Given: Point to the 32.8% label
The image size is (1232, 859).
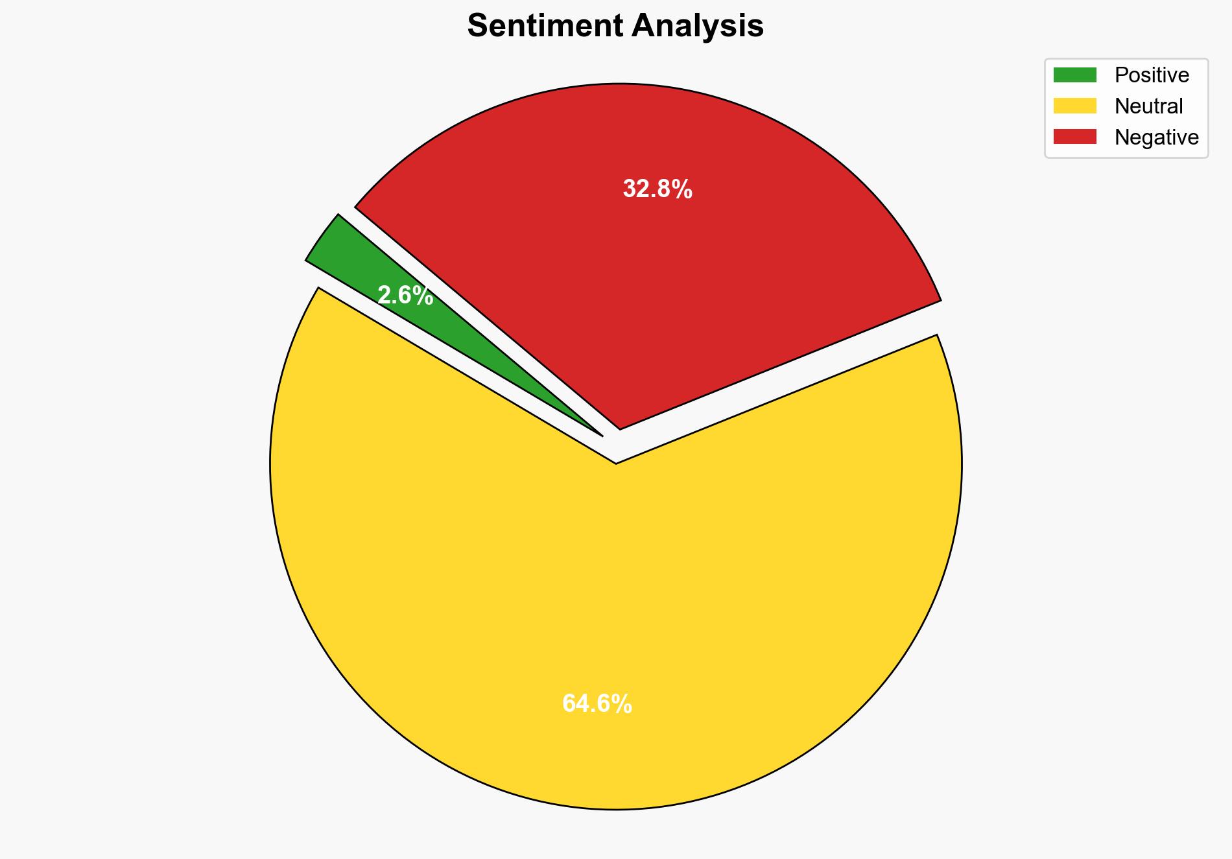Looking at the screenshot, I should (x=657, y=189).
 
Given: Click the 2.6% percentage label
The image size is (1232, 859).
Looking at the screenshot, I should (x=405, y=296).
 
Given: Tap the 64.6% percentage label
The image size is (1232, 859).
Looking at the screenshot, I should (x=597, y=703).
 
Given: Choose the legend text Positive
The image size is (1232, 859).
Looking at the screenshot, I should (x=1152, y=75).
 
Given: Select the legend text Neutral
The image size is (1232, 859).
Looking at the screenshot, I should (x=1148, y=106).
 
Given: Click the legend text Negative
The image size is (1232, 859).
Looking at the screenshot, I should (x=1156, y=137).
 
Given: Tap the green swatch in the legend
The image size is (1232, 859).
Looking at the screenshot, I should (x=1074, y=75).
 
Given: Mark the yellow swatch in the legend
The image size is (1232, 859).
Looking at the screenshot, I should (x=1074, y=106).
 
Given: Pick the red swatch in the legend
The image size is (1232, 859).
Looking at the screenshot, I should (x=1074, y=137).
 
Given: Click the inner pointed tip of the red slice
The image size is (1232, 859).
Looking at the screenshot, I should (x=621, y=427).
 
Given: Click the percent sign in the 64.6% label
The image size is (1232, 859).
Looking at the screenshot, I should (x=622, y=703).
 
